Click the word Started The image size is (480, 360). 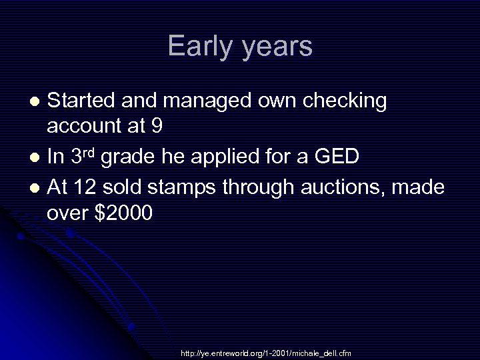click(x=84, y=101)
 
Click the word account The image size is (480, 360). click(x=83, y=125)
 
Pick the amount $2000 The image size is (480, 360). click(x=125, y=213)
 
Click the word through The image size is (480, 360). click(x=257, y=188)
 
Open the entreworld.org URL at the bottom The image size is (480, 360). click(x=265, y=353)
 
